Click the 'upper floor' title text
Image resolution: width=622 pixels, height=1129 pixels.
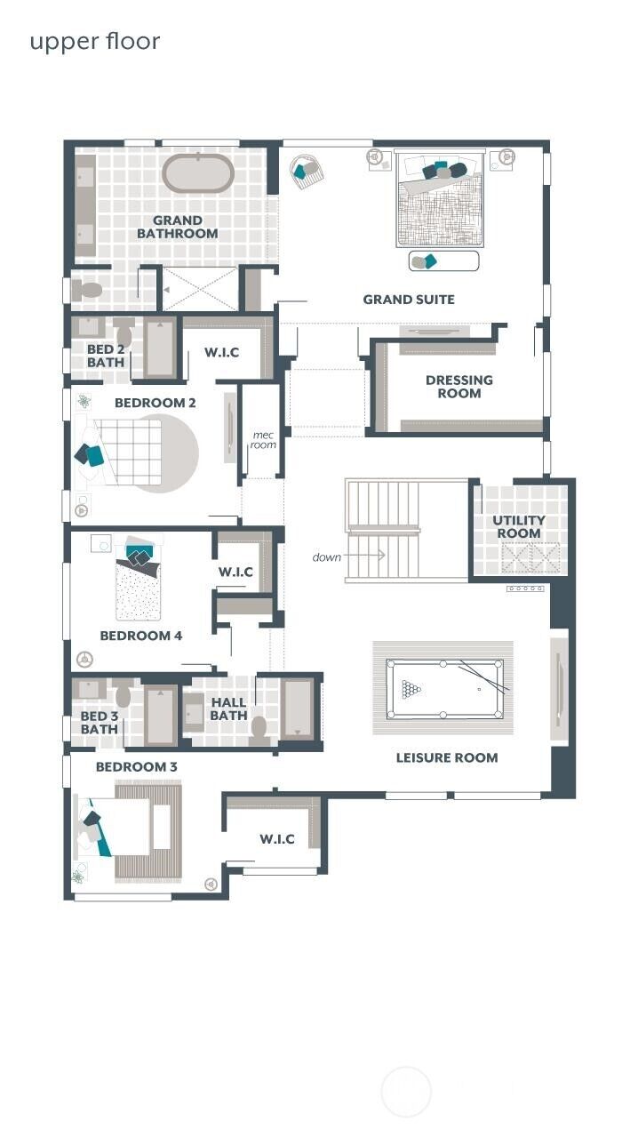click(x=95, y=42)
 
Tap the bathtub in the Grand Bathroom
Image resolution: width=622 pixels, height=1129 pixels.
click(x=198, y=174)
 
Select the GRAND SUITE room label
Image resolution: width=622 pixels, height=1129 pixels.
click(x=408, y=300)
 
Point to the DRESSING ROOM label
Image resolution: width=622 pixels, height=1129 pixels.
click(x=459, y=387)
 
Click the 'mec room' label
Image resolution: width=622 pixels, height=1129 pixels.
click(x=263, y=440)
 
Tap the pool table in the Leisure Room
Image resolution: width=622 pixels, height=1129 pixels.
click(x=444, y=689)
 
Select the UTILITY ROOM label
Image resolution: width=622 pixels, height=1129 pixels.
click(x=519, y=527)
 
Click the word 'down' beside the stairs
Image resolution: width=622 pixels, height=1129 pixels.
click(x=327, y=557)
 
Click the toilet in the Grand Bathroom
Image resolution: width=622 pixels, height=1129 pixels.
click(x=88, y=290)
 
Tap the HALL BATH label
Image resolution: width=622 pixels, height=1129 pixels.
click(x=228, y=709)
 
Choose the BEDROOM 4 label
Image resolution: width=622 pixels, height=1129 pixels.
click(x=140, y=636)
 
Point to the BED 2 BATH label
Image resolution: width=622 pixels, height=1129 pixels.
click(x=105, y=356)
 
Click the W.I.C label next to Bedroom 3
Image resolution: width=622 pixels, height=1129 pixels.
click(x=277, y=839)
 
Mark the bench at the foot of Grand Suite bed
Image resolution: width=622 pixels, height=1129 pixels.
click(x=443, y=261)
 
